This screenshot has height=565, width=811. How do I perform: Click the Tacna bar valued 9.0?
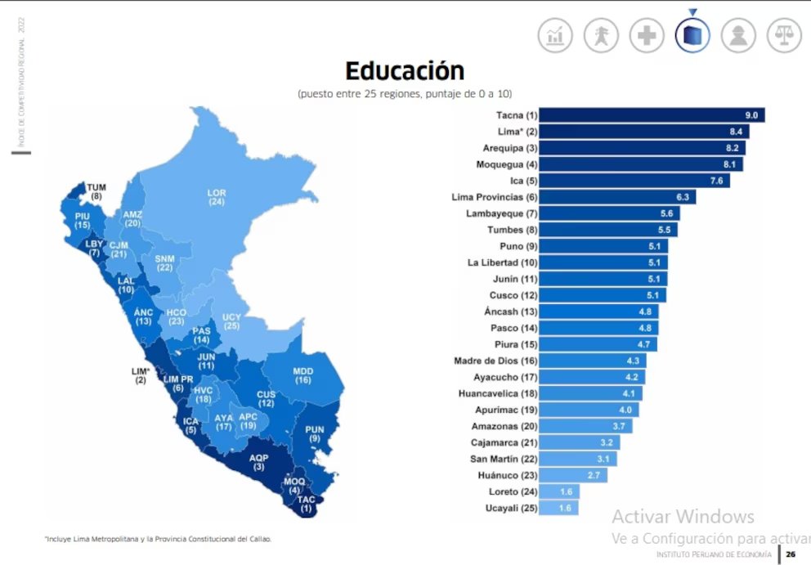[x=652, y=114]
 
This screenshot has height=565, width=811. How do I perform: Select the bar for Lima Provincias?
[x=617, y=197]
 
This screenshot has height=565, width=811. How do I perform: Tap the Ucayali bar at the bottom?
[x=558, y=508]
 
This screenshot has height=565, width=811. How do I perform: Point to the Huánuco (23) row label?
[x=508, y=475]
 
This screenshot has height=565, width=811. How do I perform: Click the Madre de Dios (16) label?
[x=496, y=361]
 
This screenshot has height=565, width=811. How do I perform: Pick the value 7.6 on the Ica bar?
[x=716, y=181]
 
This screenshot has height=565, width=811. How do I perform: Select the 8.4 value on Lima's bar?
[x=736, y=132]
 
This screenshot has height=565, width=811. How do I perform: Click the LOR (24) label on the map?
[x=217, y=197]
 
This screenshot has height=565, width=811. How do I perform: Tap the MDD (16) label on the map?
[x=303, y=375]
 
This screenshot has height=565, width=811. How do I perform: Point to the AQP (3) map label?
[x=258, y=463]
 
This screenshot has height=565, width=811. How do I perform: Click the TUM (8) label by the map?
[x=96, y=191]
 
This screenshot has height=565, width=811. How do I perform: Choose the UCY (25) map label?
[x=231, y=321]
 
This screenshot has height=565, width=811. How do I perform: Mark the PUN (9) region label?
[x=315, y=434]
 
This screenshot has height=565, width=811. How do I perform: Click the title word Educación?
[x=405, y=71]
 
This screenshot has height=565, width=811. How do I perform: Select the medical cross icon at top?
[x=647, y=35]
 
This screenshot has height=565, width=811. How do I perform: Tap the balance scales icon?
[x=784, y=35]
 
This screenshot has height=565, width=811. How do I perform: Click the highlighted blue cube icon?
[x=692, y=35]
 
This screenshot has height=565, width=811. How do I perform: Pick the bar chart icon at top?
[x=555, y=35]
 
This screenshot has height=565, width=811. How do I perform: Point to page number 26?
[x=791, y=554]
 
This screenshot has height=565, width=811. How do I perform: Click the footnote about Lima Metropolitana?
[x=159, y=539]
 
